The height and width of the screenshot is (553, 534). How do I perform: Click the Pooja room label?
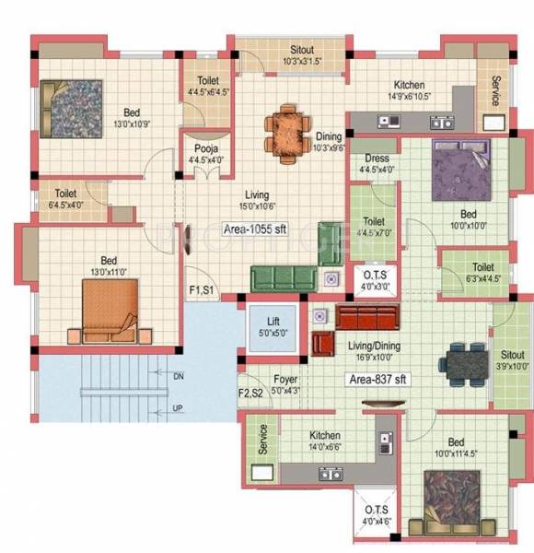(203, 152)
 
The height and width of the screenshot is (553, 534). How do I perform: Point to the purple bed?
(459, 171)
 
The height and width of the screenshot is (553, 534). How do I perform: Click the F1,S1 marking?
(203, 290)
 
